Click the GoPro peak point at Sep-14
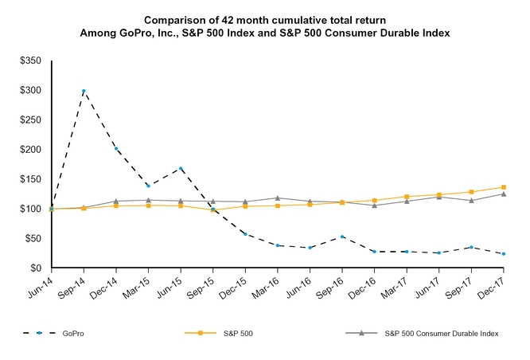click(84, 91)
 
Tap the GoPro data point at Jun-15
click(181, 169)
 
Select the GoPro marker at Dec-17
click(504, 254)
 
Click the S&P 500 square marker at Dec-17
click(504, 187)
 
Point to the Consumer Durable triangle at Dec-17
click(504, 194)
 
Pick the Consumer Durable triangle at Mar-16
click(278, 198)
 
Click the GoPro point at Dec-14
click(116, 148)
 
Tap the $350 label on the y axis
click(32, 61)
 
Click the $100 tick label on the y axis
click(32, 209)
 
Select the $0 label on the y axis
click(37, 268)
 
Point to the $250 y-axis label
click(32, 119)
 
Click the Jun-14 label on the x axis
click(41, 284)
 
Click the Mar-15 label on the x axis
click(138, 284)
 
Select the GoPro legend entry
click(72, 334)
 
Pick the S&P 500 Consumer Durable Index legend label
click(441, 334)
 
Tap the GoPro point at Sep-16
click(342, 237)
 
